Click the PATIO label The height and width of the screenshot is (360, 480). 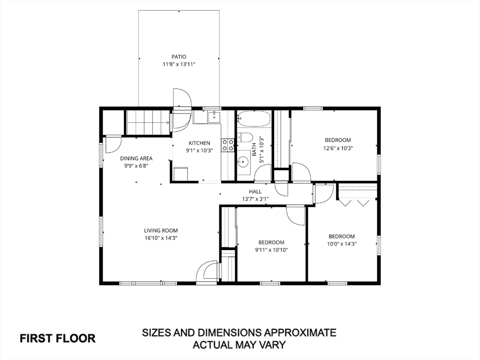(x=179, y=57)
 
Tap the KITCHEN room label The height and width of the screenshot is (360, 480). (x=199, y=143)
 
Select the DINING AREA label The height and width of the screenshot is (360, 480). (x=136, y=158)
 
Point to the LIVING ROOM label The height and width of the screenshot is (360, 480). (x=161, y=231)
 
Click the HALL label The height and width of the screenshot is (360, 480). (x=255, y=192)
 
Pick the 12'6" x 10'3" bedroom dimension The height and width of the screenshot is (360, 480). (x=338, y=148)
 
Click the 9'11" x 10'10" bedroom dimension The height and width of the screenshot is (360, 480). (x=271, y=250)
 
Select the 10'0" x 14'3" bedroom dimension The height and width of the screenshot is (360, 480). (x=342, y=244)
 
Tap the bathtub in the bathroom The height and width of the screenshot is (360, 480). (x=254, y=119)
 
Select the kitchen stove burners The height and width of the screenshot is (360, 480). (x=228, y=145)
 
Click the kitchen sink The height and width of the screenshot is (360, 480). (x=214, y=117)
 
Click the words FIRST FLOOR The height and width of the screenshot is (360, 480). (x=58, y=338)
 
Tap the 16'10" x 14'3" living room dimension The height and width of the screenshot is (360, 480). (x=161, y=238)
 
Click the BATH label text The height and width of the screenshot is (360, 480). (x=254, y=150)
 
